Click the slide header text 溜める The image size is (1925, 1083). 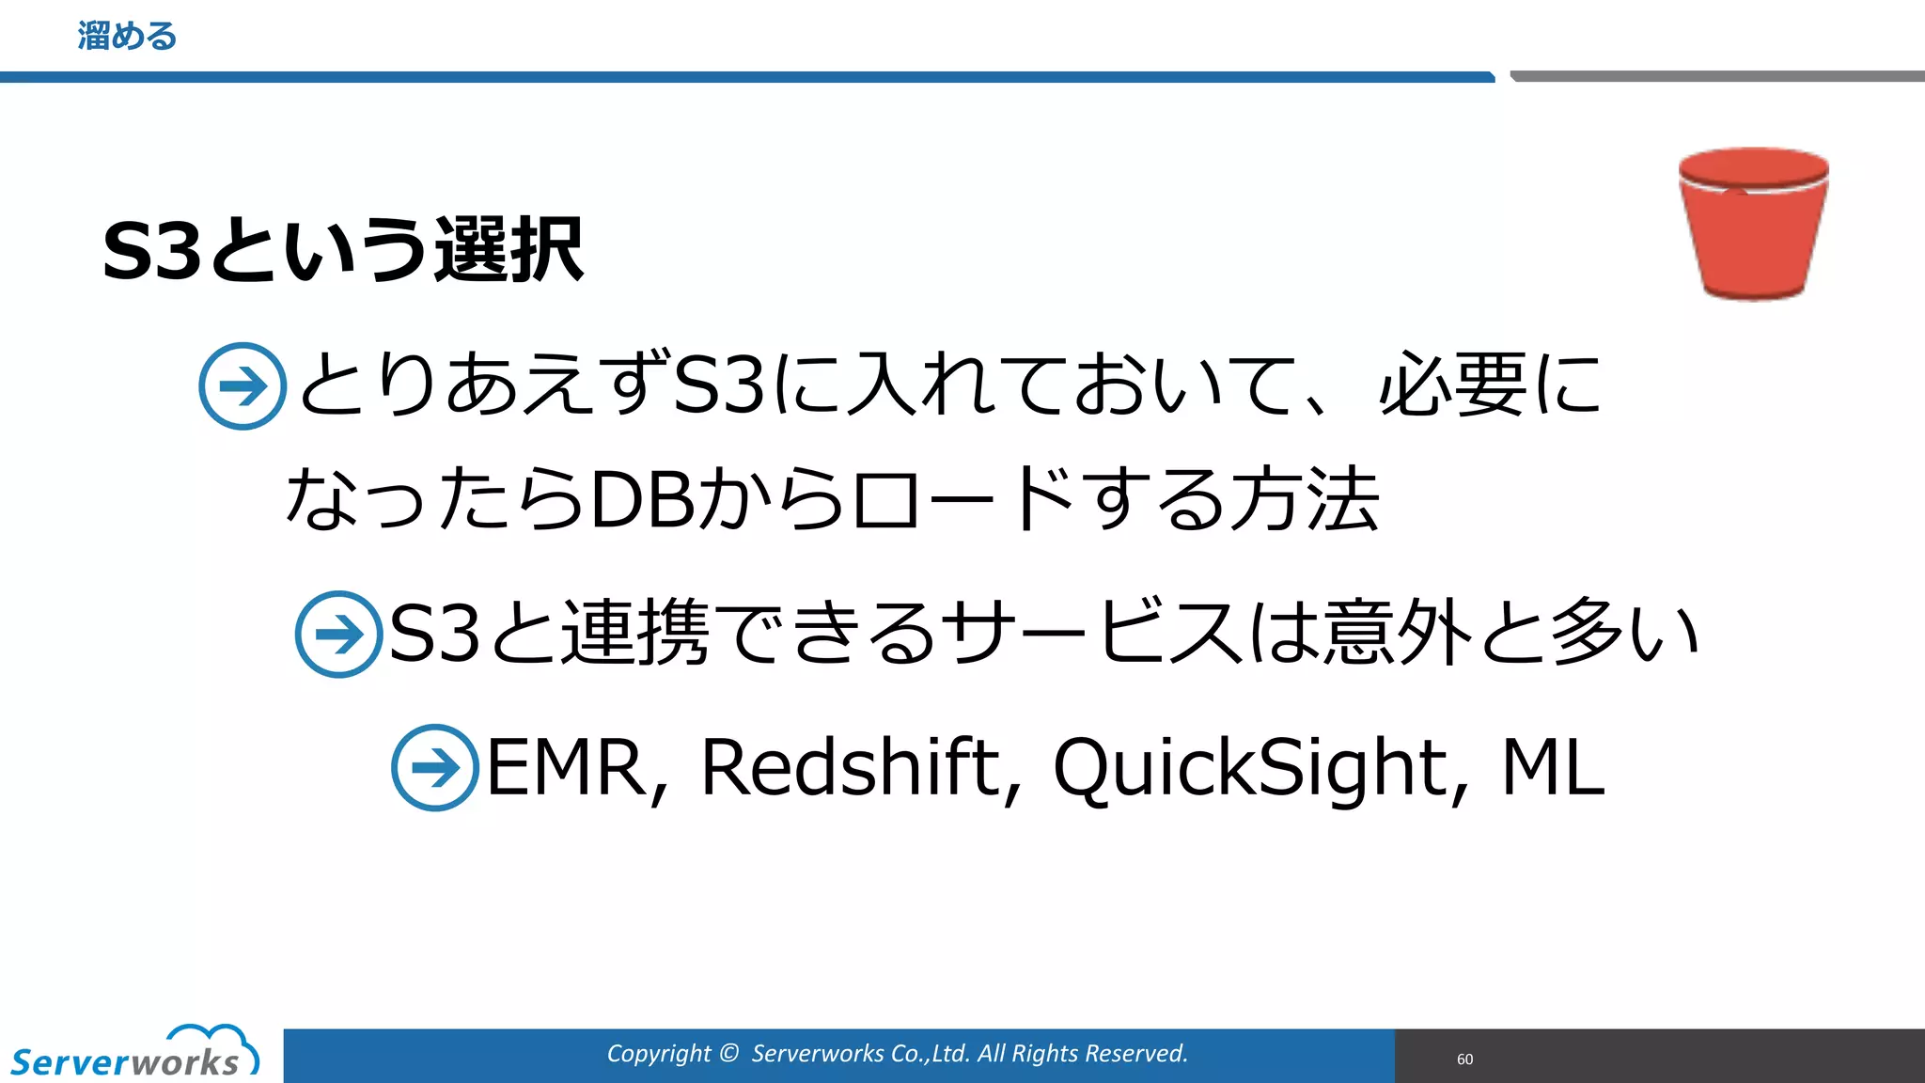click(x=127, y=37)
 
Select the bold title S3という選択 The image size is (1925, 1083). click(x=343, y=250)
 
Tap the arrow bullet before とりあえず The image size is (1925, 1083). click(x=243, y=386)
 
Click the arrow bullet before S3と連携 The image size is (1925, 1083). click(x=338, y=635)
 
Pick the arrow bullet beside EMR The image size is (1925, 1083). click(x=435, y=767)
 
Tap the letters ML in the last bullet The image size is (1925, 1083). click(x=1552, y=767)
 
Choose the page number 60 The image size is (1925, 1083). click(x=1464, y=1059)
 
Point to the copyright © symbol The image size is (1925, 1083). click(x=728, y=1053)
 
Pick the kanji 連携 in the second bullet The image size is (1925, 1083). click(x=635, y=633)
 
